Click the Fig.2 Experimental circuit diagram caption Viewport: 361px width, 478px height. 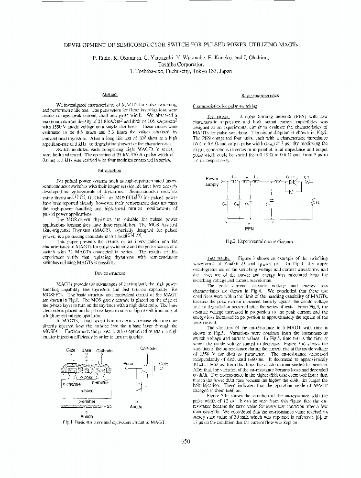(x=260, y=242)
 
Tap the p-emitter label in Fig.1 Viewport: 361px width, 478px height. (x=86, y=401)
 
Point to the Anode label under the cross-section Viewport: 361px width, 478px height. (x=87, y=416)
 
